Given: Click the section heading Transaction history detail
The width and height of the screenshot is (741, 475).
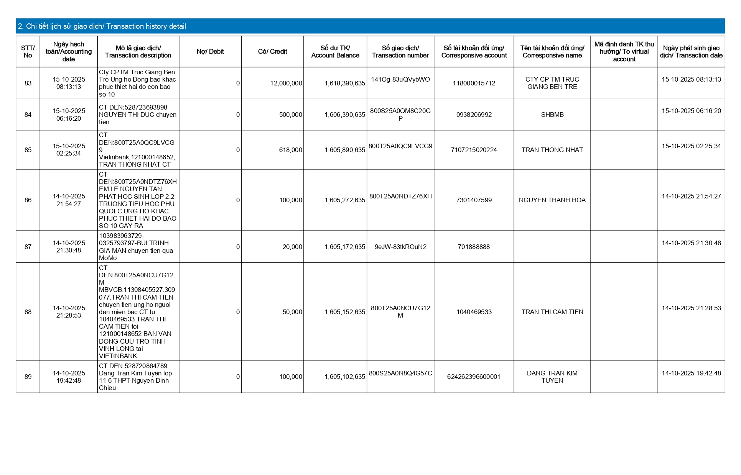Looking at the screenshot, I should click(102, 26).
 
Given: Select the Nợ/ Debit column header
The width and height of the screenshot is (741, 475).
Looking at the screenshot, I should click(210, 52).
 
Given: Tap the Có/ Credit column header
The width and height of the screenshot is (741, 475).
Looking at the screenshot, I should click(272, 52).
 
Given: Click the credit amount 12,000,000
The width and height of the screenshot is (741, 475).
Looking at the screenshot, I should click(286, 83).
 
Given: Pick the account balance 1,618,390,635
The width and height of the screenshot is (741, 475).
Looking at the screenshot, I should click(345, 83).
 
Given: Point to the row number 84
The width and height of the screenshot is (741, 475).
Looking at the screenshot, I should click(28, 115).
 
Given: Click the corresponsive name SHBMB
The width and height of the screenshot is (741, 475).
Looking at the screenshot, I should click(552, 115).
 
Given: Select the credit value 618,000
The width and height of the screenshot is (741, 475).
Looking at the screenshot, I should click(290, 150).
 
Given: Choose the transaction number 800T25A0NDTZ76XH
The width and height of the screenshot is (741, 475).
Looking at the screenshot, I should click(400, 196).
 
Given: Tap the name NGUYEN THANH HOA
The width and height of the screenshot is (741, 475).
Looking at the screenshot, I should click(552, 200).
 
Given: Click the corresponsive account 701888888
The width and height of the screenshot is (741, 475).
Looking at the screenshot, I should click(474, 247).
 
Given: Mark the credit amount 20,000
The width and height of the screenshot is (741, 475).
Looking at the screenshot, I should click(292, 247).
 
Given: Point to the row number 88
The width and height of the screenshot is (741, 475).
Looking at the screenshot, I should click(28, 312).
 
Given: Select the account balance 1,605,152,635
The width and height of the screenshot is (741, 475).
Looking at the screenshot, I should click(345, 312).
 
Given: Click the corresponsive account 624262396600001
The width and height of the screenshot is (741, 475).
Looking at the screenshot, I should click(474, 377).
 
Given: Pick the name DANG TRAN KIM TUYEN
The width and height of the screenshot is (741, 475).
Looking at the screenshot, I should click(552, 377).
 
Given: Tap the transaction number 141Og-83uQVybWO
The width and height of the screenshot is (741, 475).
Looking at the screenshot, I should click(400, 79).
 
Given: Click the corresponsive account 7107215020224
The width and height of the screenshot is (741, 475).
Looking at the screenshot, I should click(474, 150).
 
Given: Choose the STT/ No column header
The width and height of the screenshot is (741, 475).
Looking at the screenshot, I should click(28, 52).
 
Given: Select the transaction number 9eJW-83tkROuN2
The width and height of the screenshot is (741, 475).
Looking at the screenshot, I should click(400, 247).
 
